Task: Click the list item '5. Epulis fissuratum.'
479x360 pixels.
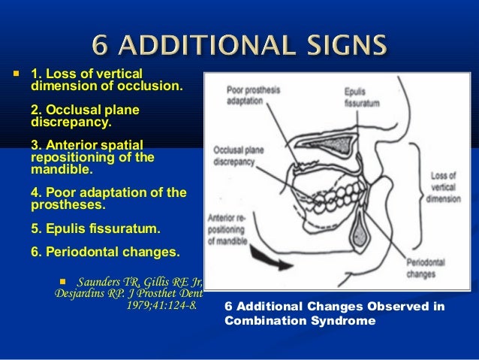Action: click(x=95, y=228)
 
